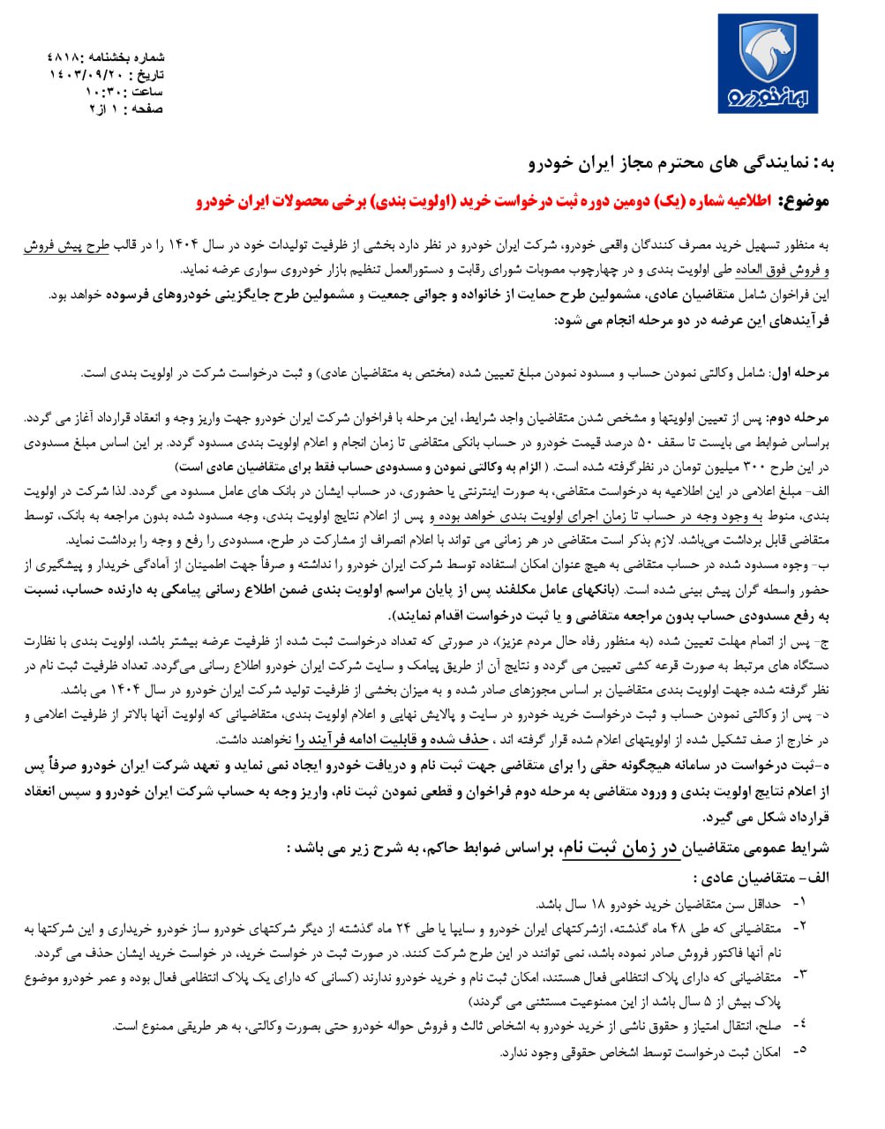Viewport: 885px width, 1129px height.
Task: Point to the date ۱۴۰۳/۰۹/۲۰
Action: click(85, 75)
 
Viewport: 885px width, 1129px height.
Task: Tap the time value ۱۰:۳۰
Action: click(104, 92)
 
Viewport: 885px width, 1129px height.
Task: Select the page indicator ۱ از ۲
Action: click(104, 109)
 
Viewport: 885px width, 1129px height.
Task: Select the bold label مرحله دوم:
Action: click(799, 416)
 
